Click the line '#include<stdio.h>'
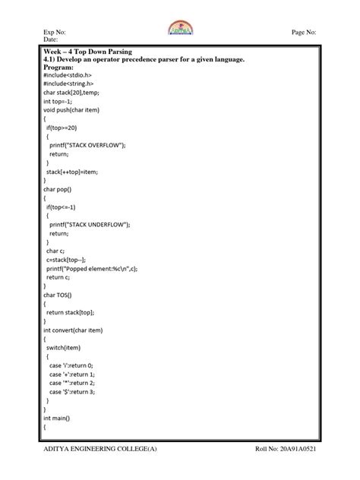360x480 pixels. pyautogui.click(x=71, y=76)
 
